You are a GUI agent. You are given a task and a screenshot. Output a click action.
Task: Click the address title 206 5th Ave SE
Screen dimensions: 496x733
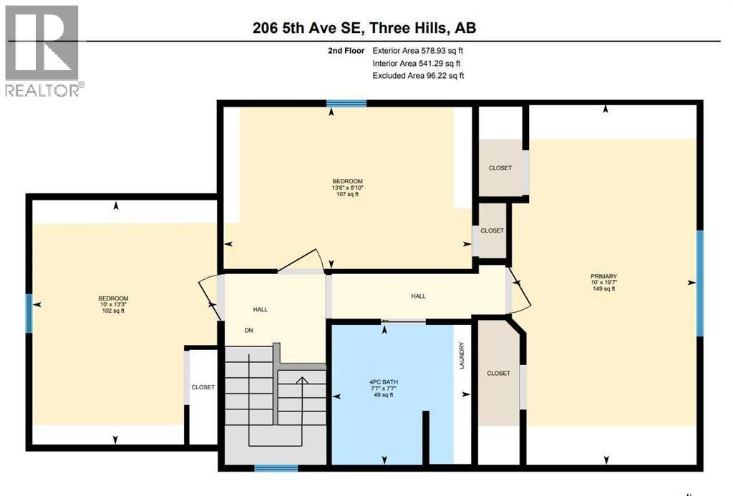[364, 28]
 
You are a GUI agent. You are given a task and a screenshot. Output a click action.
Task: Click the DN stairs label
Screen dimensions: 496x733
[248, 330]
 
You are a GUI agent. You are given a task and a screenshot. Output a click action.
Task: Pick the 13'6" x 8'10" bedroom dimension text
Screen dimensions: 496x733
[346, 188]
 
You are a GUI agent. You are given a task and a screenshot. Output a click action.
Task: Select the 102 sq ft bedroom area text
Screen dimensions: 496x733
[113, 311]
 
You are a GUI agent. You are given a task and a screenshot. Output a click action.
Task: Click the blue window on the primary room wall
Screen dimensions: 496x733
[699, 283]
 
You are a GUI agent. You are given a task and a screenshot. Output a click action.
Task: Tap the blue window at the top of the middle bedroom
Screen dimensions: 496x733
[346, 104]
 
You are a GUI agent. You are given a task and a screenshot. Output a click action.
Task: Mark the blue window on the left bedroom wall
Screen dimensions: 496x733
[29, 314]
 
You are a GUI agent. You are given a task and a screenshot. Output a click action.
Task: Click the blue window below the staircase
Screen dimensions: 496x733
[276, 469]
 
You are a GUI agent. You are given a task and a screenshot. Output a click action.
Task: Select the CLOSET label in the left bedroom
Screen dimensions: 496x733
[203, 387]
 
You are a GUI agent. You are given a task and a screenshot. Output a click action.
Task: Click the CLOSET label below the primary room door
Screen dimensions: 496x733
[498, 374]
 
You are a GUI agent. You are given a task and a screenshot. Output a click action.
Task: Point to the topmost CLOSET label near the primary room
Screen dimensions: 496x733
[500, 168]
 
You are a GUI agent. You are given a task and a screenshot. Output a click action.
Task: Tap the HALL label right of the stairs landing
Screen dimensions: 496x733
[418, 296]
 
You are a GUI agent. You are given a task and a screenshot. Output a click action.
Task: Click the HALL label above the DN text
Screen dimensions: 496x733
[260, 309]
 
